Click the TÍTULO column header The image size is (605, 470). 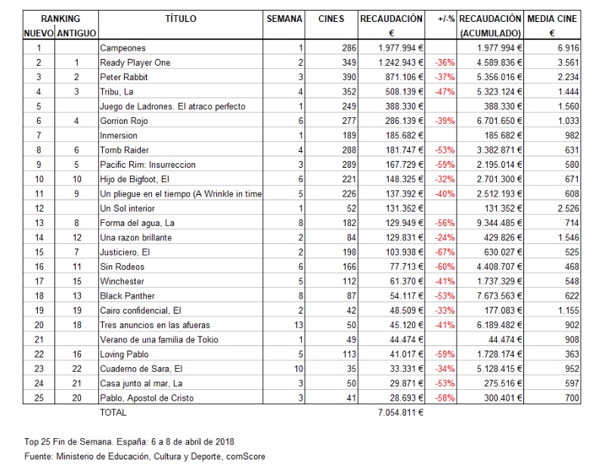(180, 18)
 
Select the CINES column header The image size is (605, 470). (330, 18)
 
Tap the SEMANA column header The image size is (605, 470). (284, 18)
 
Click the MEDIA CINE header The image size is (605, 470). (552, 18)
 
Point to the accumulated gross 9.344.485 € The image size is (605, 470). (491, 223)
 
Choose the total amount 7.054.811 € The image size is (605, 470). (398, 413)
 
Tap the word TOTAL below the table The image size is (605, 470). (113, 413)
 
